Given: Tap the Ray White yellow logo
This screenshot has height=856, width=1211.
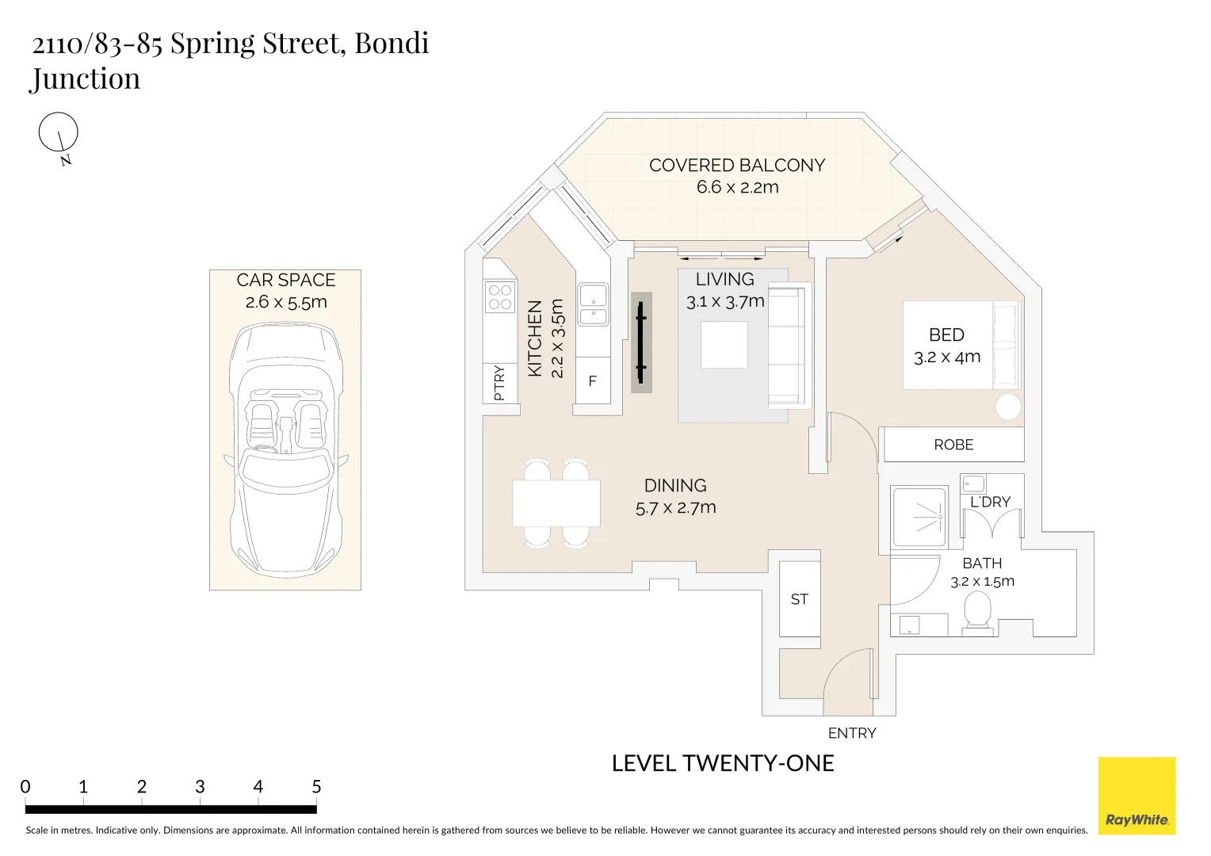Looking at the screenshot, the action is tap(1137, 796).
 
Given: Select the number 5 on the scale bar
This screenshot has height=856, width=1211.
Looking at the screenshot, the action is tap(316, 786).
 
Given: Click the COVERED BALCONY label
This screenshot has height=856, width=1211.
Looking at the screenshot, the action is tap(737, 165).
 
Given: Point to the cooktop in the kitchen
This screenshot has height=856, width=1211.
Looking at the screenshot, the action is tap(500, 297).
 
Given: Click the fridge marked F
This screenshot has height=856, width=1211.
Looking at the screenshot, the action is tap(593, 380).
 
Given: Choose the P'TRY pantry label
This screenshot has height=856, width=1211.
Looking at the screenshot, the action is tap(499, 383).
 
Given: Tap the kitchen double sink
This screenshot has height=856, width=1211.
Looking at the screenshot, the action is tap(593, 304).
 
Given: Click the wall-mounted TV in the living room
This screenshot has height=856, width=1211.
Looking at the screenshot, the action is tap(641, 342).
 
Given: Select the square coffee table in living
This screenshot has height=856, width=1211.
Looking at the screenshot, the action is tap(724, 345).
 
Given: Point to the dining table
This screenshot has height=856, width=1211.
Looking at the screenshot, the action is tap(556, 503).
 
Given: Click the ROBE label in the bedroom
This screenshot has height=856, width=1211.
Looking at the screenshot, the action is tap(953, 445).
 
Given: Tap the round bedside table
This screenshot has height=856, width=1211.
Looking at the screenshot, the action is tap(1008, 407).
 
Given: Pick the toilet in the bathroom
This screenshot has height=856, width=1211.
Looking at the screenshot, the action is tap(977, 613).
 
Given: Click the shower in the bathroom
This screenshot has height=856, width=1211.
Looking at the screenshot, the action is tap(919, 517).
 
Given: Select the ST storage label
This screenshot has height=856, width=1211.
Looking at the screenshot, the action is tap(800, 599).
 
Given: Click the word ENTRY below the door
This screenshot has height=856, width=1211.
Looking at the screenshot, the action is tap(852, 732).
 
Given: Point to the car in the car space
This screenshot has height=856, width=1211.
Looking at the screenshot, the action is tap(286, 450).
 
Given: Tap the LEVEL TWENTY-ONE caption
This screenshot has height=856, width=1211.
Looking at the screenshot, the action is tap(723, 763).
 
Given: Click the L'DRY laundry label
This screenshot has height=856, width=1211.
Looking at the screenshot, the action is tap(990, 502).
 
